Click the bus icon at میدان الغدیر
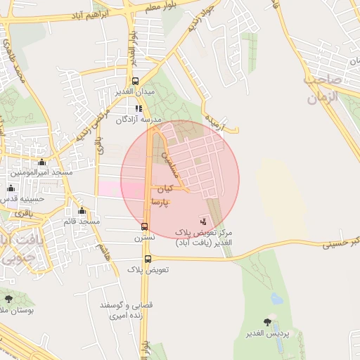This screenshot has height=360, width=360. tap(136, 81)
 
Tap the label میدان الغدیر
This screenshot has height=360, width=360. tap(134, 92)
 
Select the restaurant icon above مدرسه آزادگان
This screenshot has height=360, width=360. tap(139, 108)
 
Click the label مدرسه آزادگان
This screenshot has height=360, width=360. tap(139, 120)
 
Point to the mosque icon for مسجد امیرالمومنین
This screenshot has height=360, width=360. tap(41, 162)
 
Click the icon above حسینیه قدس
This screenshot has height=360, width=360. tap(11, 188)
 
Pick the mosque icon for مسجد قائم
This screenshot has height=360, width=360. tap(82, 211)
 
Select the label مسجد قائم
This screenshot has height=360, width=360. tap(79, 221)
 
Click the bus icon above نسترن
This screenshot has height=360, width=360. tap(144, 226)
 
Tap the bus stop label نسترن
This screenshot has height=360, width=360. tap(143, 238)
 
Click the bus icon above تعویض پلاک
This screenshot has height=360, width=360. tap(148, 259)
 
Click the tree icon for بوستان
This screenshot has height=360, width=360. tap(8, 299)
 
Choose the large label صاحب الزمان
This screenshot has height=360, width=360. tap(323, 89)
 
